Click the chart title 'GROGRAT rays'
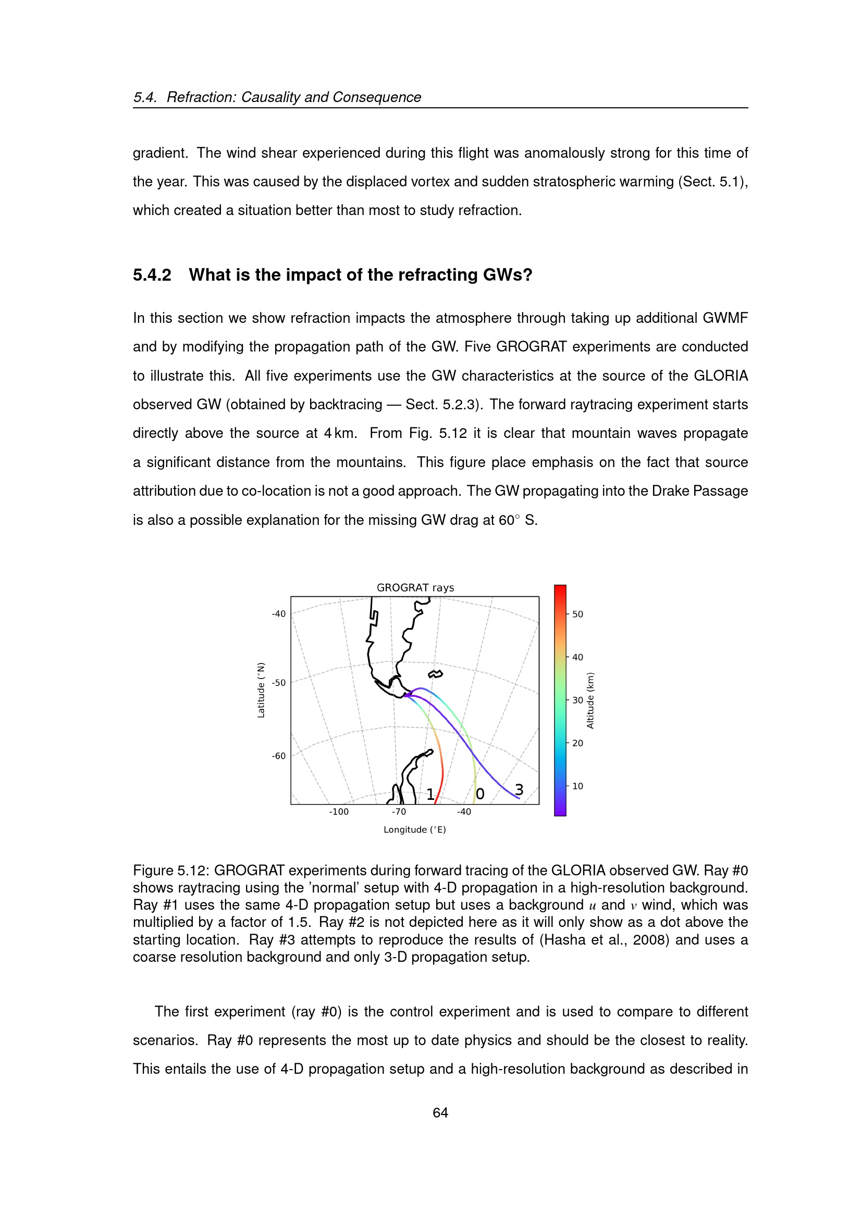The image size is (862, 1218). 415,587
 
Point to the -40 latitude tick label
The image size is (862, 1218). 279,614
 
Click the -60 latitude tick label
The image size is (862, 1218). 279,756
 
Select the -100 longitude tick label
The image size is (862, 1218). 339,812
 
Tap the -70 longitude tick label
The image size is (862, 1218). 399,812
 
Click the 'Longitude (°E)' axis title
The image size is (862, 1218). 414,830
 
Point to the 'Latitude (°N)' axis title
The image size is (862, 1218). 261,690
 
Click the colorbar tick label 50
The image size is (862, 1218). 577,614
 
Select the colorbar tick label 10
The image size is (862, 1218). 577,786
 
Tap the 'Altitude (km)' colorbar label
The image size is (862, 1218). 590,700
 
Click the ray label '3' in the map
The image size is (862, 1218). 519,790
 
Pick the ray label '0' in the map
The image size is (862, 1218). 480,794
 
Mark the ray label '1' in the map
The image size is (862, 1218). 430,794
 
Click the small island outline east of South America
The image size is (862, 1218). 435,674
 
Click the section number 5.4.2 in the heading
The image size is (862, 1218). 152,275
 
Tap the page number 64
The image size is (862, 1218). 440,1113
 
